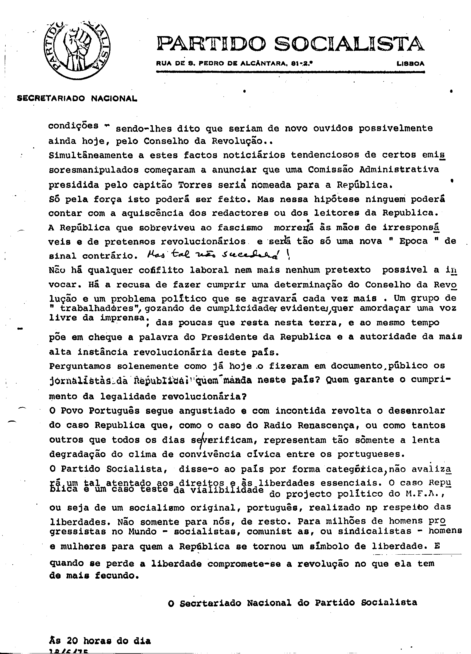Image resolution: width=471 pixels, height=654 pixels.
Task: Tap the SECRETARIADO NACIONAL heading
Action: [x=77, y=99]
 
